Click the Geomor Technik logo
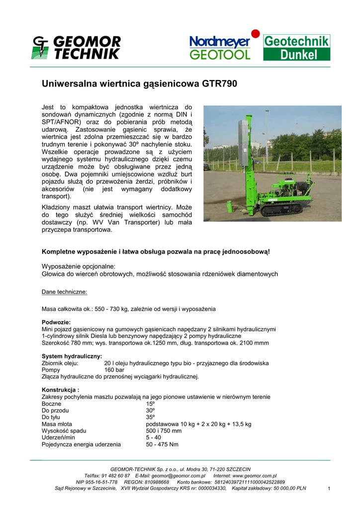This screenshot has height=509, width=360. (76, 48)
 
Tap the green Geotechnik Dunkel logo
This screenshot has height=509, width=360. (296, 48)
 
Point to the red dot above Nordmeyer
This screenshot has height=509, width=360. (255, 34)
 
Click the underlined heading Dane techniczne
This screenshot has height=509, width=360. (64, 291)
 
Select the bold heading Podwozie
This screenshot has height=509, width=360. (56, 322)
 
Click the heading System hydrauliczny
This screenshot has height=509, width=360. (72, 356)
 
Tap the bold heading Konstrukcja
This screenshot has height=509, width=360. (61, 390)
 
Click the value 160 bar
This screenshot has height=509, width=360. (114, 370)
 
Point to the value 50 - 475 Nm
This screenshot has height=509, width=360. (162, 444)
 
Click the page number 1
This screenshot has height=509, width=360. (329, 489)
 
